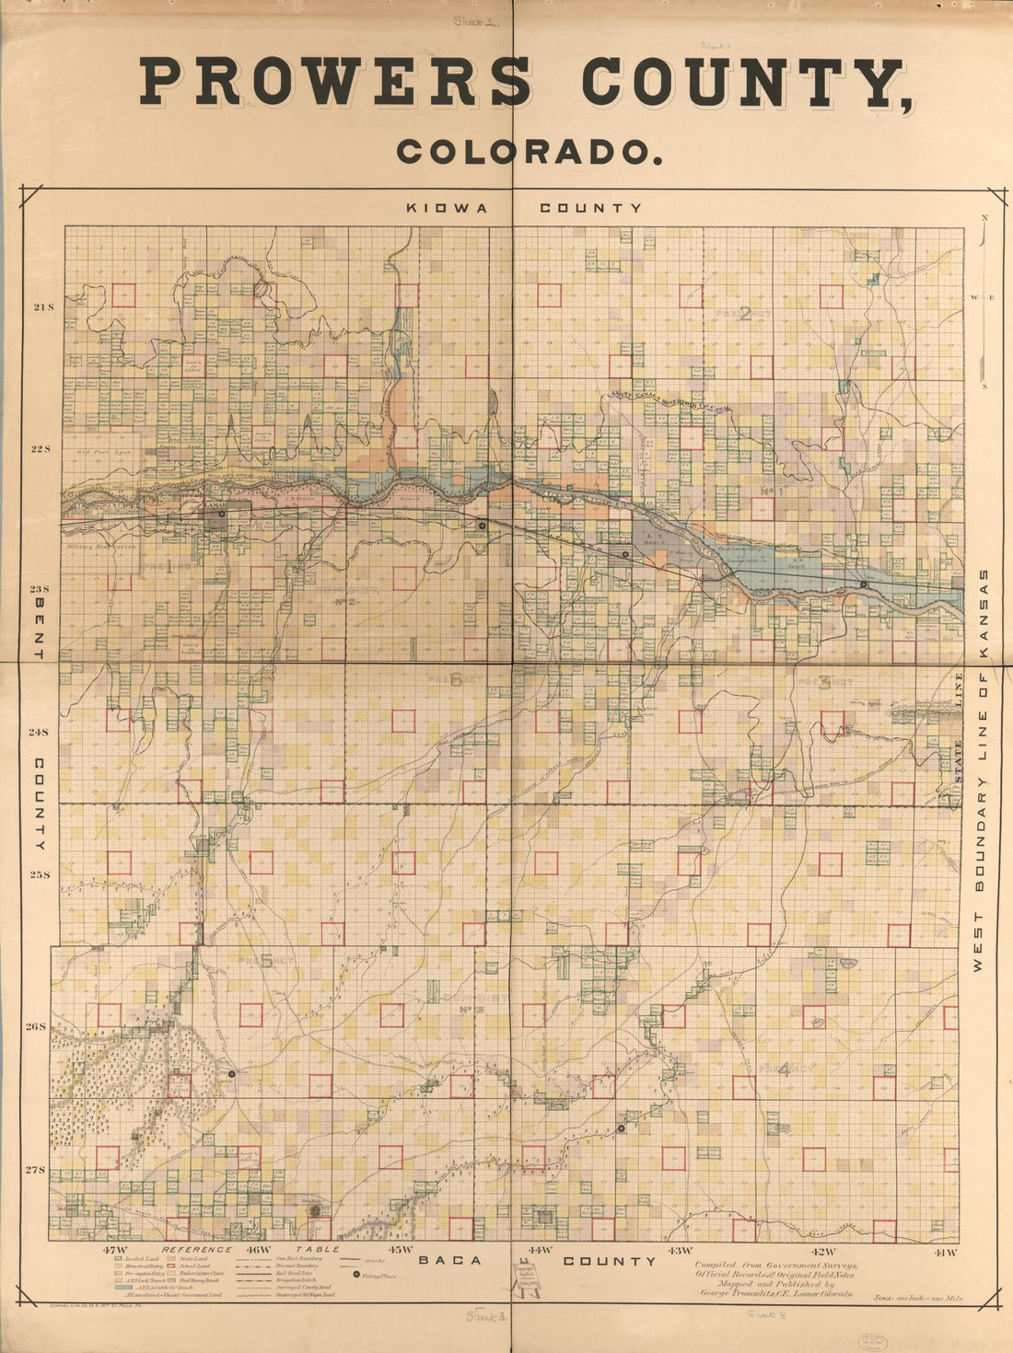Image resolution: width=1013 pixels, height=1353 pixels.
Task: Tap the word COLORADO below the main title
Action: [530, 152]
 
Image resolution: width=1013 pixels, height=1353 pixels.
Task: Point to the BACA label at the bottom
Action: [450, 1261]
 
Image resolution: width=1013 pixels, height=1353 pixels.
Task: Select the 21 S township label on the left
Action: [43, 306]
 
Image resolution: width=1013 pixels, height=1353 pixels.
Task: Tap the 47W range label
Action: [115, 1251]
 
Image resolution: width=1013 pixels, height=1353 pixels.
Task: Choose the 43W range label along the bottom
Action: [679, 1251]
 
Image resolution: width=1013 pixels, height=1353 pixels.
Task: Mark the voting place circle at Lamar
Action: [223, 514]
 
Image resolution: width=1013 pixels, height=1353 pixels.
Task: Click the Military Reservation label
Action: [101, 547]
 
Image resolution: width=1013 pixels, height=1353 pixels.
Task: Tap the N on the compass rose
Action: [984, 217]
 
